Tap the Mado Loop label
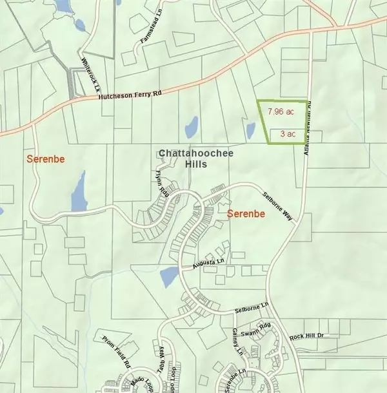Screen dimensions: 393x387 [x=135, y=373]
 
